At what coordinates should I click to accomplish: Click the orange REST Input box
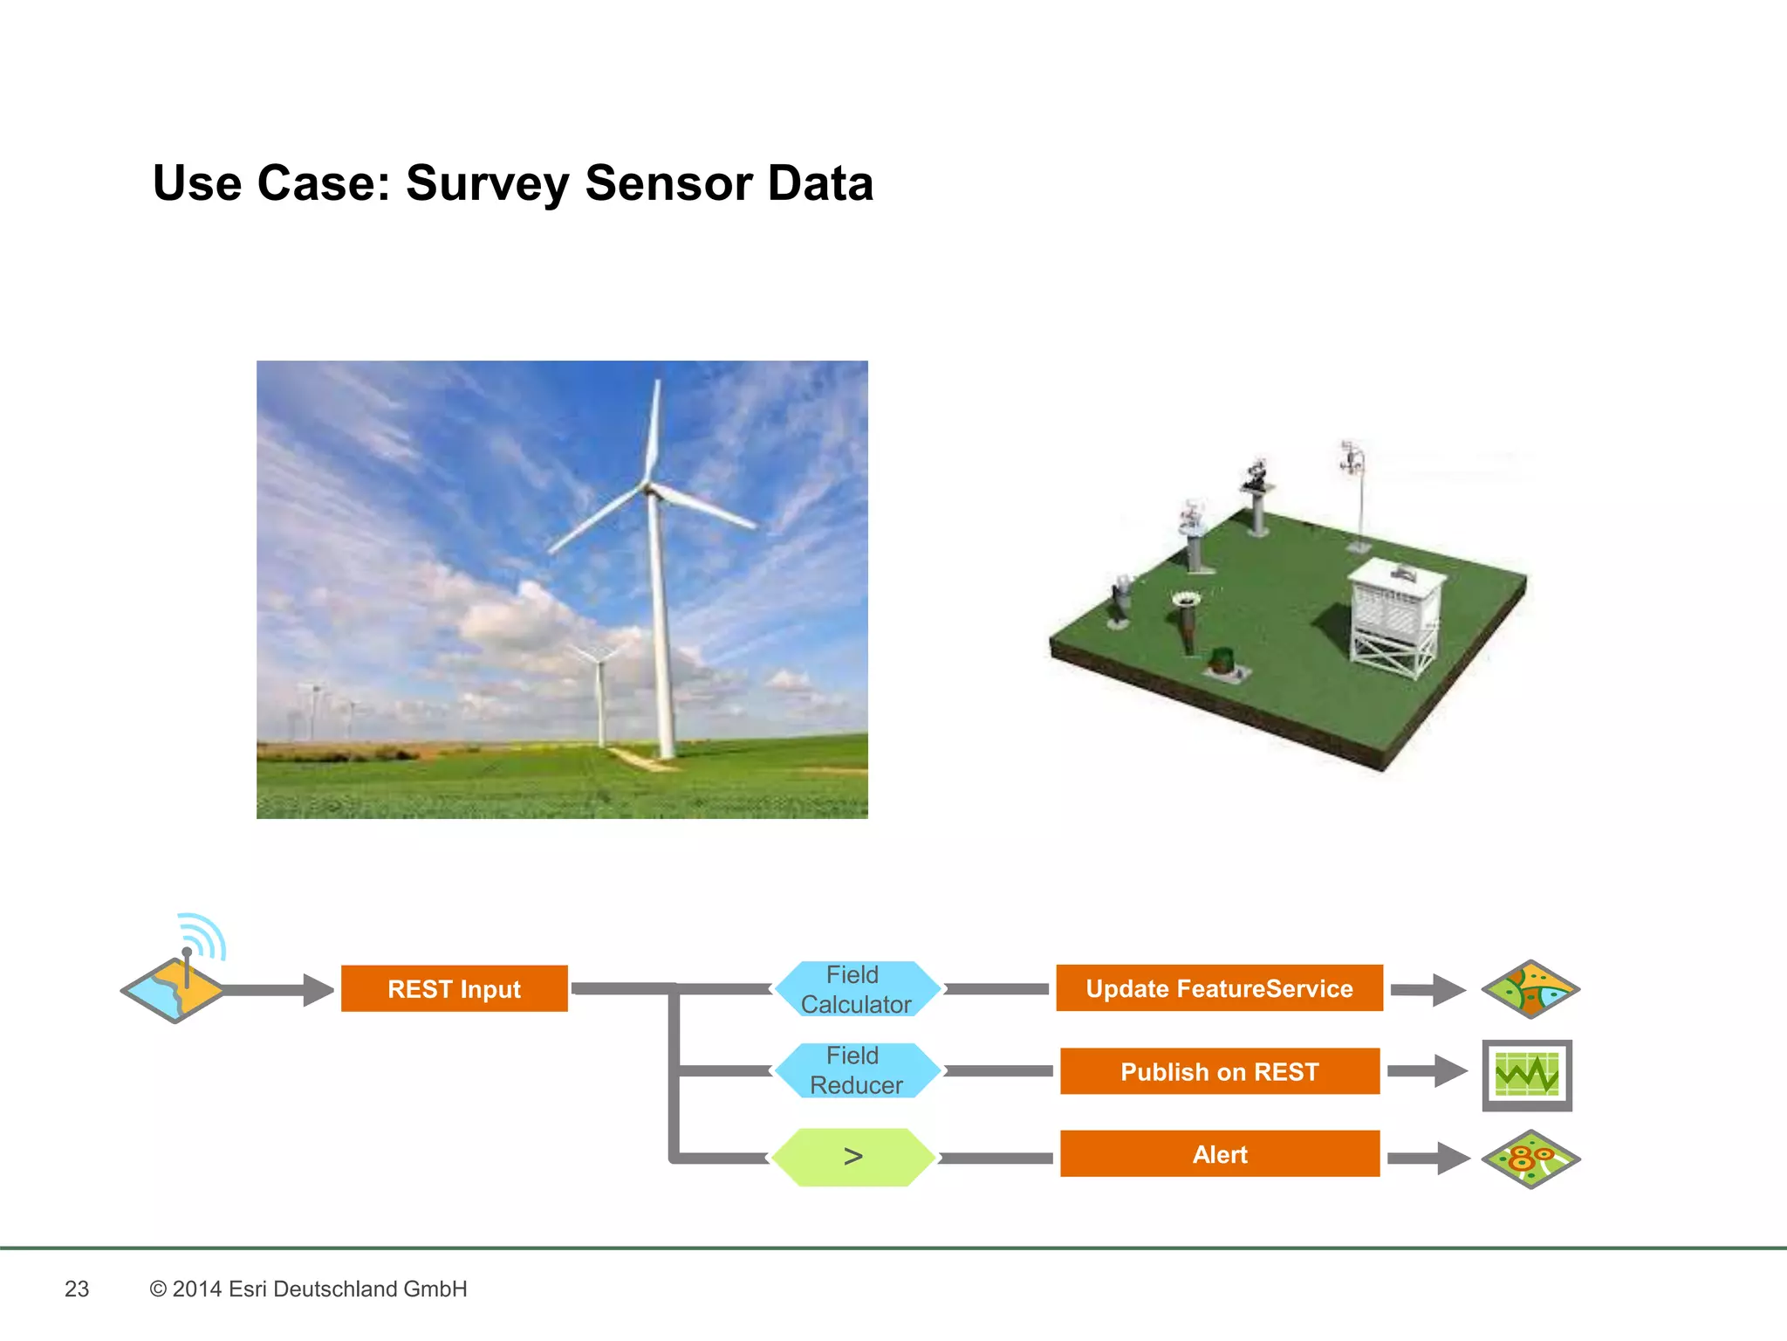(x=454, y=988)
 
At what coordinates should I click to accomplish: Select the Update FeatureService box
(x=1219, y=988)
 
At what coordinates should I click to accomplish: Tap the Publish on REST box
(x=1219, y=1071)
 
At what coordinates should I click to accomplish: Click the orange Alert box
(x=1219, y=1154)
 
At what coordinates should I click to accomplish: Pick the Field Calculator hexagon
(x=856, y=989)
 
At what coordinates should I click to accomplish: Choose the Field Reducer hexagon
(x=856, y=1070)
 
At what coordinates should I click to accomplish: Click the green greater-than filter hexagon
(x=853, y=1157)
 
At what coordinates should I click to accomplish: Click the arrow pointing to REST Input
(x=279, y=990)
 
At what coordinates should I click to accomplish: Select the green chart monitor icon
(x=1527, y=1075)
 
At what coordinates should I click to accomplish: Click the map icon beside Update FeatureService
(x=1530, y=989)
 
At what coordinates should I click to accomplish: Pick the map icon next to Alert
(x=1530, y=1159)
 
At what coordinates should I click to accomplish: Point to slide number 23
(x=77, y=1289)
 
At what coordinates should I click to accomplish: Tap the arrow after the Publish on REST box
(x=1428, y=1071)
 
